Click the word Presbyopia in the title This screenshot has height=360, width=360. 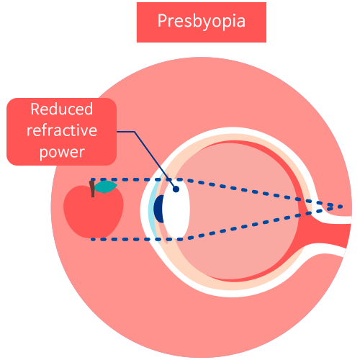click(202, 22)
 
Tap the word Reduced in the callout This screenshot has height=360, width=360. click(62, 109)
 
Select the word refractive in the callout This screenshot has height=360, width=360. click(62, 130)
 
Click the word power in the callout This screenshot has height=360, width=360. click(62, 153)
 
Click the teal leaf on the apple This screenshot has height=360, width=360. click(106, 186)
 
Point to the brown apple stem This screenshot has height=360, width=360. click(92, 189)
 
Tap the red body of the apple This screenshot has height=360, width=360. click(94, 212)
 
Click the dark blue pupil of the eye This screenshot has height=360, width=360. click(159, 209)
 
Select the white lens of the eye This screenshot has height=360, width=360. click(176, 210)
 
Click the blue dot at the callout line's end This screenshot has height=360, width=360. click(176, 189)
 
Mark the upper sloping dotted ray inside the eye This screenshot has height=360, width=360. click(261, 193)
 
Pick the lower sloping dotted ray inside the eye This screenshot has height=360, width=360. click(258, 224)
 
